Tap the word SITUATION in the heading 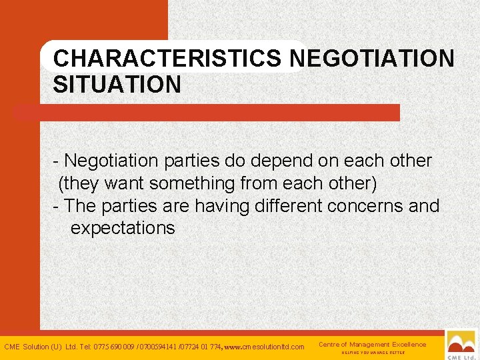[117, 85]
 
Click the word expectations [123, 228]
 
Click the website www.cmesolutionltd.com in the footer [265, 347]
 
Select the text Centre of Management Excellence [372, 344]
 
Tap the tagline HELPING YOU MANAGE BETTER [373, 352]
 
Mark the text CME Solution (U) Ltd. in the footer [39, 347]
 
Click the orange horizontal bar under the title [207, 113]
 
